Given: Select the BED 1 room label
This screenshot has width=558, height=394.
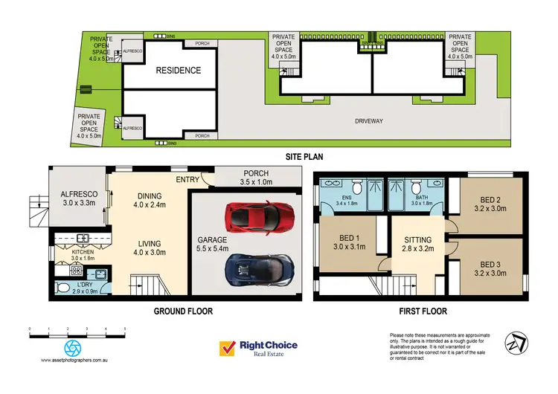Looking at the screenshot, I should (x=344, y=243).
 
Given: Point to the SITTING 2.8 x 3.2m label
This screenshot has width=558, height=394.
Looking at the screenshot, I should (x=417, y=245).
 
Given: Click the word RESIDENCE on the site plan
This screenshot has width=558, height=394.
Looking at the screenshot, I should (x=178, y=71).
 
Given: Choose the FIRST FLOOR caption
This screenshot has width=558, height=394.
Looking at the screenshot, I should (x=420, y=311).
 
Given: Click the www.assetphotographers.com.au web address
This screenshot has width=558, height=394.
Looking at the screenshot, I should (x=74, y=361).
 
